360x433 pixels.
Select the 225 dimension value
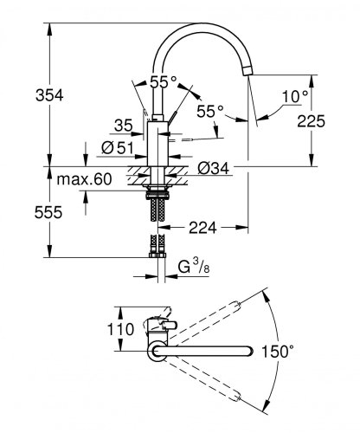pyautogui.click(x=331, y=122)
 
